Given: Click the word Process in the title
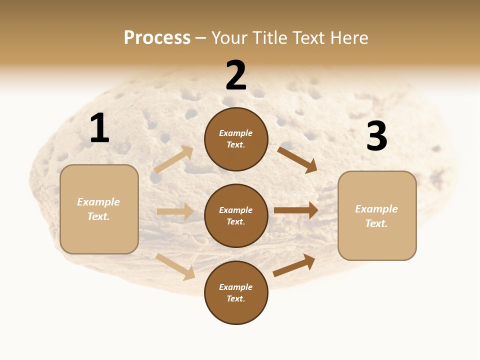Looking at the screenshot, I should tap(157, 38).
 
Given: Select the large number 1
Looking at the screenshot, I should tap(99, 128).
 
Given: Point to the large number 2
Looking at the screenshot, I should tap(236, 75).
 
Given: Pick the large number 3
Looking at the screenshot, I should tap(376, 136).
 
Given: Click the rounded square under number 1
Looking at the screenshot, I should tap(99, 209).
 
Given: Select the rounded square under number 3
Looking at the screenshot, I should tap(377, 215).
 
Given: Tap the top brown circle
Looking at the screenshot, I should tap(236, 139).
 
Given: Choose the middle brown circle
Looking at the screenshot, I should tap(236, 215).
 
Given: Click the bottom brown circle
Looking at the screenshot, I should tap(236, 292).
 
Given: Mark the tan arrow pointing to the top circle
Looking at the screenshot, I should tap(174, 159).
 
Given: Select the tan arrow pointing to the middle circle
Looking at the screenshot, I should tap(175, 211).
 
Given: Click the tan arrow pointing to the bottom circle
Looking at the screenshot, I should tap(176, 266).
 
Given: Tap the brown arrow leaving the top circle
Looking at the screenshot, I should tap(297, 159).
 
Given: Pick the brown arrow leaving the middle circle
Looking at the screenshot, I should tap(296, 210).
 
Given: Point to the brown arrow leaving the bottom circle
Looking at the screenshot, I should tap(294, 265).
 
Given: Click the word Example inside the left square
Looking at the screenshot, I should tap(98, 202).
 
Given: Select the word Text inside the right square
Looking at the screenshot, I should tap(376, 223).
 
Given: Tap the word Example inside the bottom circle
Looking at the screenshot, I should tap(236, 287).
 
